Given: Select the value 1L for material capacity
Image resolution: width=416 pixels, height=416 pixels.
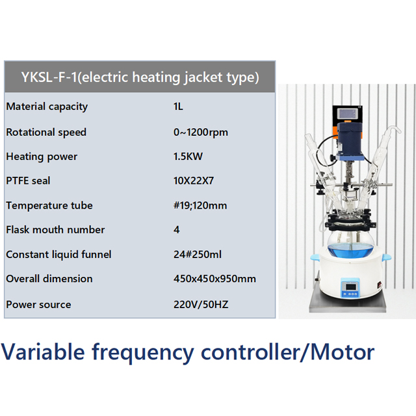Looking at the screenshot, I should tap(178, 107).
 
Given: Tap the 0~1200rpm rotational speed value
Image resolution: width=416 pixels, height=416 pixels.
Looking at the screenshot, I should tap(200, 132).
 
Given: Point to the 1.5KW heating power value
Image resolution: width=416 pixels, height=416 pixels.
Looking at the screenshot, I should tap(188, 157).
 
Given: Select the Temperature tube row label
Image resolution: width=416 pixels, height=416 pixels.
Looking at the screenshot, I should tap(49, 205).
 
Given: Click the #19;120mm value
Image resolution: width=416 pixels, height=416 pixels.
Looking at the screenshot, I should tap(200, 205).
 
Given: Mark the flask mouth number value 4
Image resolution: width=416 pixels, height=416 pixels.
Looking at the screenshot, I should tap(177, 229).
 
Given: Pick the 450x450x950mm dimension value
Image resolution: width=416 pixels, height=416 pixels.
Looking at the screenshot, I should tap(214, 279).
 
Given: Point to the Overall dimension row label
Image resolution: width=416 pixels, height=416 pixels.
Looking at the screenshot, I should tap(49, 279).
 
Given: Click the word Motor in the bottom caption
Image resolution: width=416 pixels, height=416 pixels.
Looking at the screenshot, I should tap(342, 352).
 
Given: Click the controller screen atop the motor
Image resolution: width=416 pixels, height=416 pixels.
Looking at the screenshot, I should tap(346, 113).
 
